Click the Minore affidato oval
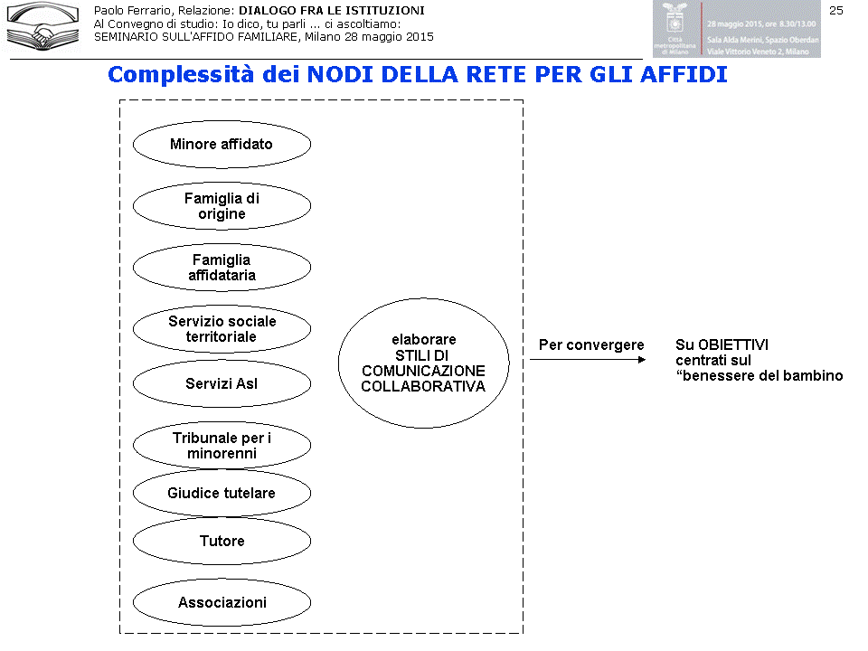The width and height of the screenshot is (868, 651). click(222, 145)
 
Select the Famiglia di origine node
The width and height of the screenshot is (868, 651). click(222, 206)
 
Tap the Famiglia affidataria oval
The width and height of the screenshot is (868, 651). click(222, 268)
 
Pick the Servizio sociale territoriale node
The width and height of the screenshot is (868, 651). click(222, 329)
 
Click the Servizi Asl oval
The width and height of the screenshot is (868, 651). click(222, 384)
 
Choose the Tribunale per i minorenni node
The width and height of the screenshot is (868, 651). click(222, 446)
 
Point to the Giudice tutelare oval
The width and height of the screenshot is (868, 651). click(222, 494)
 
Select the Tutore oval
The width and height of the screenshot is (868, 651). click(222, 542)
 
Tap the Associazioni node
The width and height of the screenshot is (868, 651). click(222, 603)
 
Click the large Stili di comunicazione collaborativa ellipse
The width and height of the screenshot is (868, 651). click(423, 363)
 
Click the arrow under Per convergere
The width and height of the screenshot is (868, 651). click(588, 360)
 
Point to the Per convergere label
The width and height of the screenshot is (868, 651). click(591, 345)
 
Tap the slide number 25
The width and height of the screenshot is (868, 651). click(835, 10)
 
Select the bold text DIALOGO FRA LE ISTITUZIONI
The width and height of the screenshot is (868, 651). click(331, 11)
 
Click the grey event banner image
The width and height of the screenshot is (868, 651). click(736, 29)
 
